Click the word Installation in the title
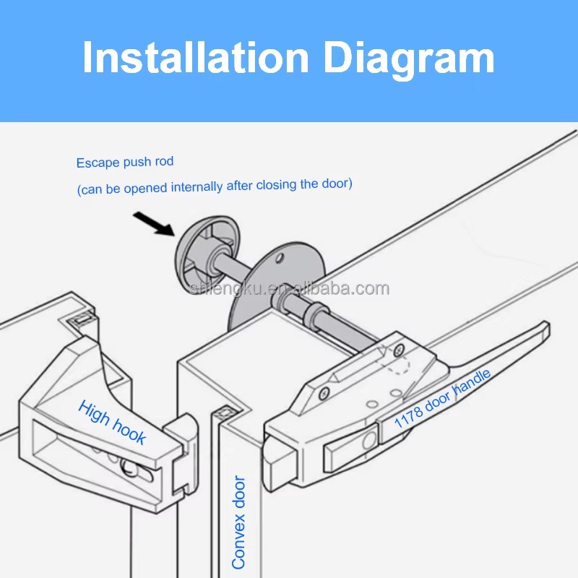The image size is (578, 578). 196,58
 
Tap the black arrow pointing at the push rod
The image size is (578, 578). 154,223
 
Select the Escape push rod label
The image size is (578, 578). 124,162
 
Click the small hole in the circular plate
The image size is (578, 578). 280,258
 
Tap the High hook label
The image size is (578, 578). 112,422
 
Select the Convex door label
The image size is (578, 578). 238,522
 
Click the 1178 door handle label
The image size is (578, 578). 442,399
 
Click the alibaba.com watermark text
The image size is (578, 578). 289,288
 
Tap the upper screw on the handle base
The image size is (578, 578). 400,350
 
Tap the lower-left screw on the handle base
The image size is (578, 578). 324,394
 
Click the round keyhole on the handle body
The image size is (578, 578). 369,441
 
